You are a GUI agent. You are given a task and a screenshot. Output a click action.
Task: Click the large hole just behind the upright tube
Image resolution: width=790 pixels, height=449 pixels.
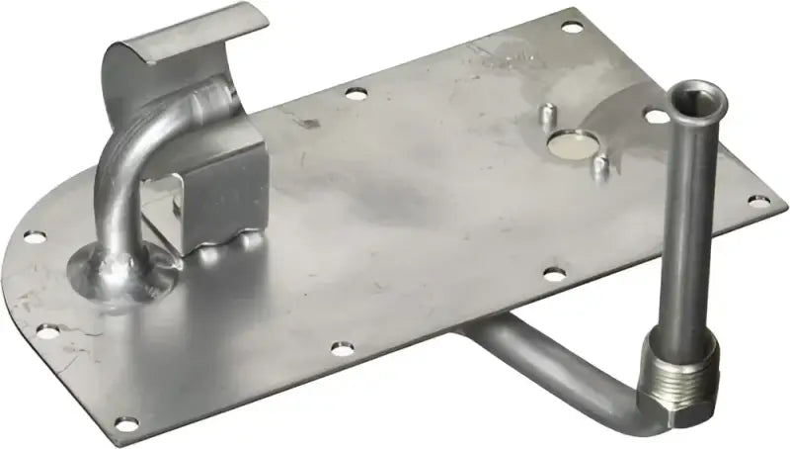[x=656, y=117]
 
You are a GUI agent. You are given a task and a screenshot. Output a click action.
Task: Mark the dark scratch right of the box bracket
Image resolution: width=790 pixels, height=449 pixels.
[x=308, y=123]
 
